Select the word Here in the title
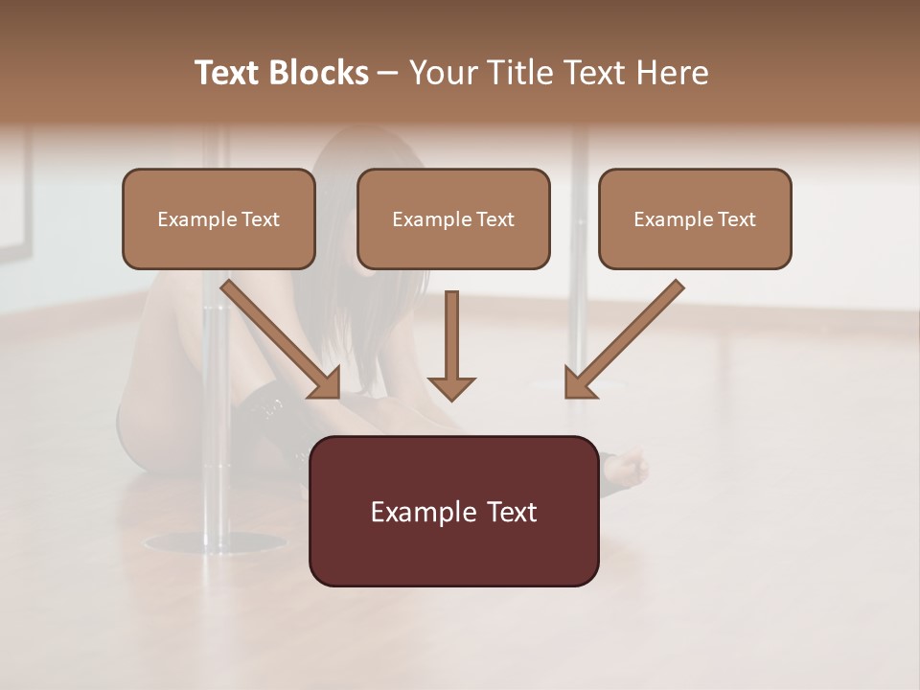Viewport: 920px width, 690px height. (674, 73)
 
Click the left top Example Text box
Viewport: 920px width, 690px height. (218, 218)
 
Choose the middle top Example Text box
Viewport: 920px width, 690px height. (453, 218)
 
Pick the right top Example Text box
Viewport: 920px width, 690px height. (695, 218)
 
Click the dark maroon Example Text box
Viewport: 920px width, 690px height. (453, 511)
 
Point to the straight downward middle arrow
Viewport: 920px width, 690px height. (451, 335)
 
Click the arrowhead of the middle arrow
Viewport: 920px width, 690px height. (451, 388)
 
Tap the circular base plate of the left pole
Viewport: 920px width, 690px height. (215, 542)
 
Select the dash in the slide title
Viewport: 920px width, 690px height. (388, 73)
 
